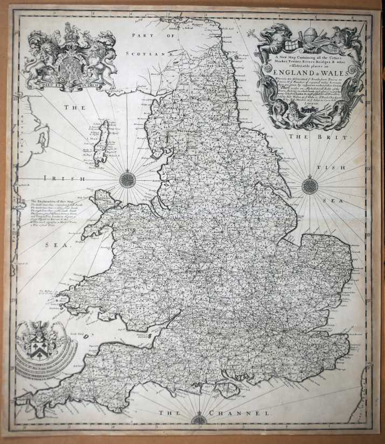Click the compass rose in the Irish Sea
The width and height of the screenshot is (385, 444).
tap(128, 179)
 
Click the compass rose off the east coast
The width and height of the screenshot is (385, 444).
tap(310, 186)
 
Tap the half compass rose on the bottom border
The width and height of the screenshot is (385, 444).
tap(199, 419)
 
